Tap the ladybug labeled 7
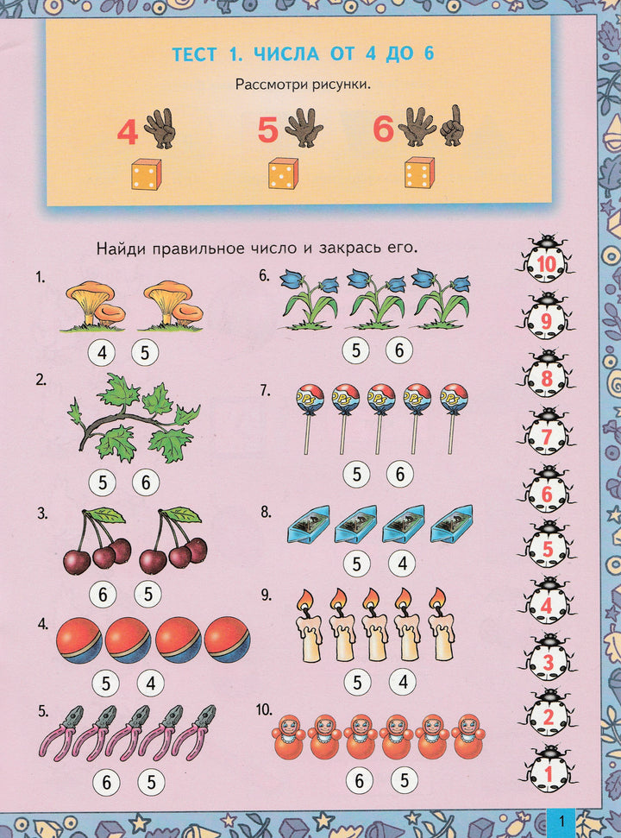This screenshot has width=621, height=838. click(546, 433)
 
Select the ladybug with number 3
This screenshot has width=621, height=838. click(548, 659)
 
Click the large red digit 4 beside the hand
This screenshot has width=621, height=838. click(127, 133)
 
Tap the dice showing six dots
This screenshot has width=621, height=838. click(419, 173)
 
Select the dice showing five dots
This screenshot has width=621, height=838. click(283, 173)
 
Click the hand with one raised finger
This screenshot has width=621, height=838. click(452, 126)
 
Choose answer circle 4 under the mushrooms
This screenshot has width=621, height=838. click(102, 353)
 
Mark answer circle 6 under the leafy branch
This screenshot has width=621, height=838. click(146, 482)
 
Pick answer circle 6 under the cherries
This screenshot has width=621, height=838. click(103, 594)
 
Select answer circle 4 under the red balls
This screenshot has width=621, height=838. click(151, 683)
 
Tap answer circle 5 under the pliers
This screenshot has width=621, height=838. click(151, 783)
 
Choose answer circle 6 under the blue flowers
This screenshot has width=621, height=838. click(399, 350)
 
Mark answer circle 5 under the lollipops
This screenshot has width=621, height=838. click(356, 474)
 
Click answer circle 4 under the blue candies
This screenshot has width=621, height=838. click(402, 564)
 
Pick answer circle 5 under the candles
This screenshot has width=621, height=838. click(357, 682)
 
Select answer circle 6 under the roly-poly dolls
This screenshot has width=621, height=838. click(359, 781)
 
